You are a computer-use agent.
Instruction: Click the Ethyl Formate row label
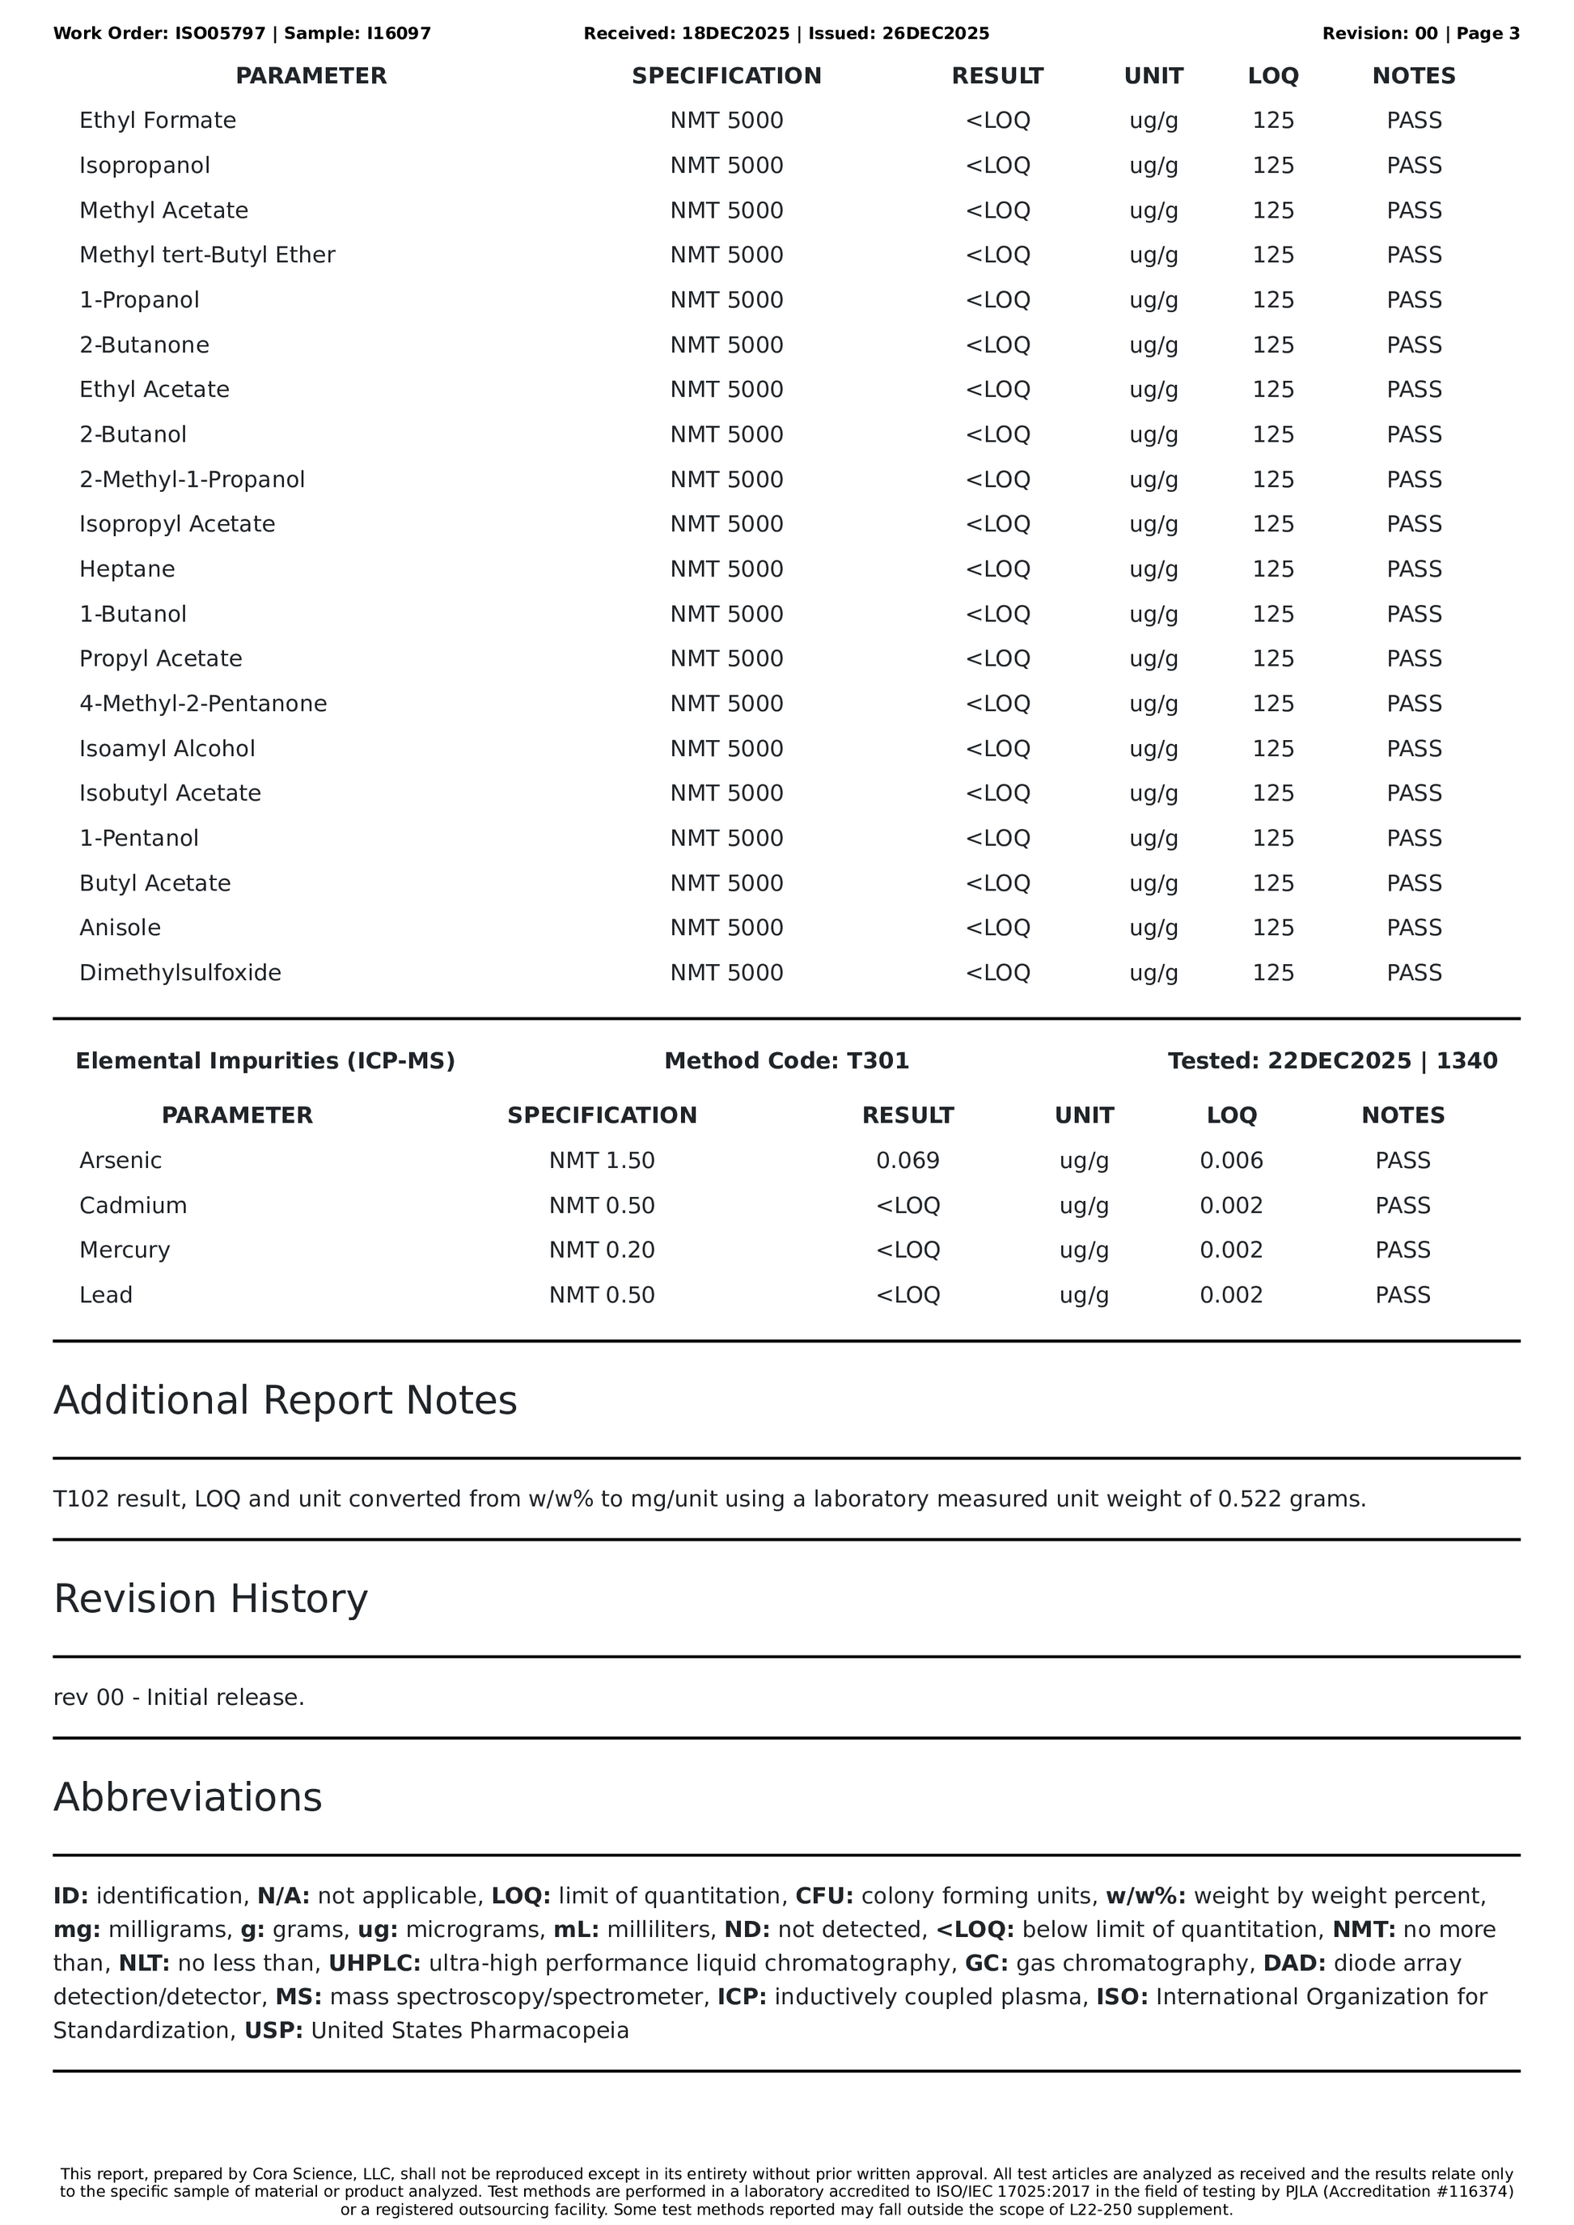(157, 121)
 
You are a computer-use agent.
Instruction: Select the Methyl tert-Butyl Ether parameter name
(206, 255)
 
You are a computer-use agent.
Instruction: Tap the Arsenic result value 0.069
(908, 1160)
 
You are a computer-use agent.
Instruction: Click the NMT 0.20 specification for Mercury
(602, 1250)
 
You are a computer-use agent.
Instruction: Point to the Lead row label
(106, 1295)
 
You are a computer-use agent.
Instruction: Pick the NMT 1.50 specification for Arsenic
(602, 1160)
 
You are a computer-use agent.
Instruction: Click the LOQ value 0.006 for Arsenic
(1231, 1160)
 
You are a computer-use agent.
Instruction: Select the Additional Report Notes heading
(285, 1400)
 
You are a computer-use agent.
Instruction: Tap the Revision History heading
(210, 1599)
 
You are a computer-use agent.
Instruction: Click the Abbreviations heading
(187, 1796)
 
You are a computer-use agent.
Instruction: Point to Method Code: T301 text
(786, 1061)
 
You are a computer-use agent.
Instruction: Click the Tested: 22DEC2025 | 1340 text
(1331, 1061)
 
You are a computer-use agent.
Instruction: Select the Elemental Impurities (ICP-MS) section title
(264, 1061)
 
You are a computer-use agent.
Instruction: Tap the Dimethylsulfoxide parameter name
(180, 972)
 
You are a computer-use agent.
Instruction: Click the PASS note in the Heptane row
(1413, 569)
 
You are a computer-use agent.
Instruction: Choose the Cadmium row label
(133, 1206)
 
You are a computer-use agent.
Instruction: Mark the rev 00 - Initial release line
(178, 1698)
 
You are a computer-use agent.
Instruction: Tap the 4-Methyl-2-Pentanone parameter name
(202, 704)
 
